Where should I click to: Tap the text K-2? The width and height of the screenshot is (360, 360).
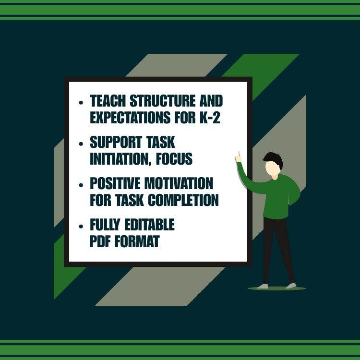coord(210,118)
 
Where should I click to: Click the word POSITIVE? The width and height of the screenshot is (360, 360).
coord(118,184)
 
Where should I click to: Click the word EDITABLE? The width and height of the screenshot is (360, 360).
coord(150,225)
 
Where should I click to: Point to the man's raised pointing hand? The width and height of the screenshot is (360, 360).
coord(238,157)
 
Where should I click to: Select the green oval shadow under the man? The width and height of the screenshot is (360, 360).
coord(276,288)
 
